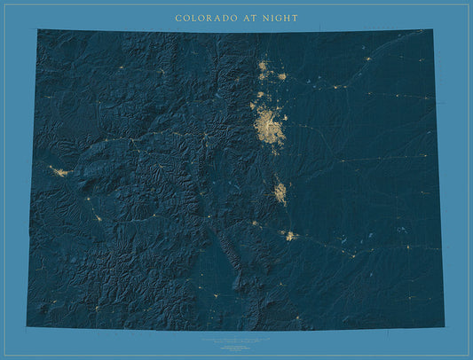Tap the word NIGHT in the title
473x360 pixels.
pyautogui.click(x=281, y=18)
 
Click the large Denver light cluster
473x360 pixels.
pyautogui.click(x=267, y=126)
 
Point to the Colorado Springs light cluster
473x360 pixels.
pyautogui.click(x=280, y=192)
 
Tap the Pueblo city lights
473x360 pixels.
pyautogui.click(x=289, y=235)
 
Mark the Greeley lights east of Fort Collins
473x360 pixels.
pyautogui.click(x=281, y=76)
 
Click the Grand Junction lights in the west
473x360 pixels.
pyautogui.click(x=59, y=171)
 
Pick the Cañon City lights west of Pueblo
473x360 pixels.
pyautogui.click(x=255, y=223)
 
